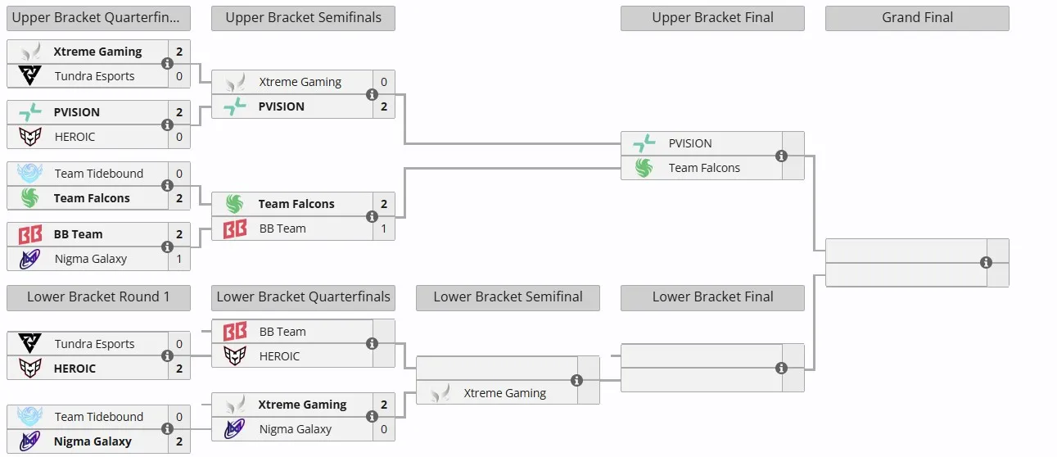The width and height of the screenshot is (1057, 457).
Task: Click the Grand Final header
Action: tap(917, 18)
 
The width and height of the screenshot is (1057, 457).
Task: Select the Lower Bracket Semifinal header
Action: tap(508, 297)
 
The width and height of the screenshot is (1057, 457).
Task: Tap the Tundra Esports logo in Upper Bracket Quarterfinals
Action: tap(29, 75)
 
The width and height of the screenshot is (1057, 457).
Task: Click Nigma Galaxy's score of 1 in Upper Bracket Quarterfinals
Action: tap(178, 259)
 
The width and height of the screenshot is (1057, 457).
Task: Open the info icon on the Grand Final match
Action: tap(986, 263)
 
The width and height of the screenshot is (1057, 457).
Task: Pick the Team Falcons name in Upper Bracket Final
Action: tap(704, 168)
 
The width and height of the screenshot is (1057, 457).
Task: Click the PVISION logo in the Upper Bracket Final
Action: tap(644, 143)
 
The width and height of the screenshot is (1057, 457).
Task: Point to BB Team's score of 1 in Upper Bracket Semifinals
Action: tap(384, 228)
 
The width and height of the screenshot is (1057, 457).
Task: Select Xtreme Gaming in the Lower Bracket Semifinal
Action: tap(504, 393)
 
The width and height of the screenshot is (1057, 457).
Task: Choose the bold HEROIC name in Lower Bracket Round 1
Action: tap(75, 369)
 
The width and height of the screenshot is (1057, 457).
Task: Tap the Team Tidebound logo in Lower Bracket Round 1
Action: tap(29, 416)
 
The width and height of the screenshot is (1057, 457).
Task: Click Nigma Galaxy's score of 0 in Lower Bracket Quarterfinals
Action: tap(384, 429)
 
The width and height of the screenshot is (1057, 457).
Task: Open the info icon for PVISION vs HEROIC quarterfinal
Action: tap(167, 124)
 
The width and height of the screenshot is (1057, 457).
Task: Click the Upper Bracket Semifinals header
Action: tap(303, 18)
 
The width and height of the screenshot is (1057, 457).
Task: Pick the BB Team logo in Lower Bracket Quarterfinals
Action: tap(235, 332)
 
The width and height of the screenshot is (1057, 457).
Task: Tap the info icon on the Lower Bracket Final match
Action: tap(781, 368)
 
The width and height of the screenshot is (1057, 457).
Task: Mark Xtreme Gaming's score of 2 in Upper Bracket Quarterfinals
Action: tap(179, 52)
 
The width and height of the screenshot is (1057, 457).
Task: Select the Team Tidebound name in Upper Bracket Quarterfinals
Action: tap(98, 174)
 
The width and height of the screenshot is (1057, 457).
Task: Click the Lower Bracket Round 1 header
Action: tap(98, 297)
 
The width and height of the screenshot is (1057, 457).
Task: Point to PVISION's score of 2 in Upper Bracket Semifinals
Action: tap(384, 106)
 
